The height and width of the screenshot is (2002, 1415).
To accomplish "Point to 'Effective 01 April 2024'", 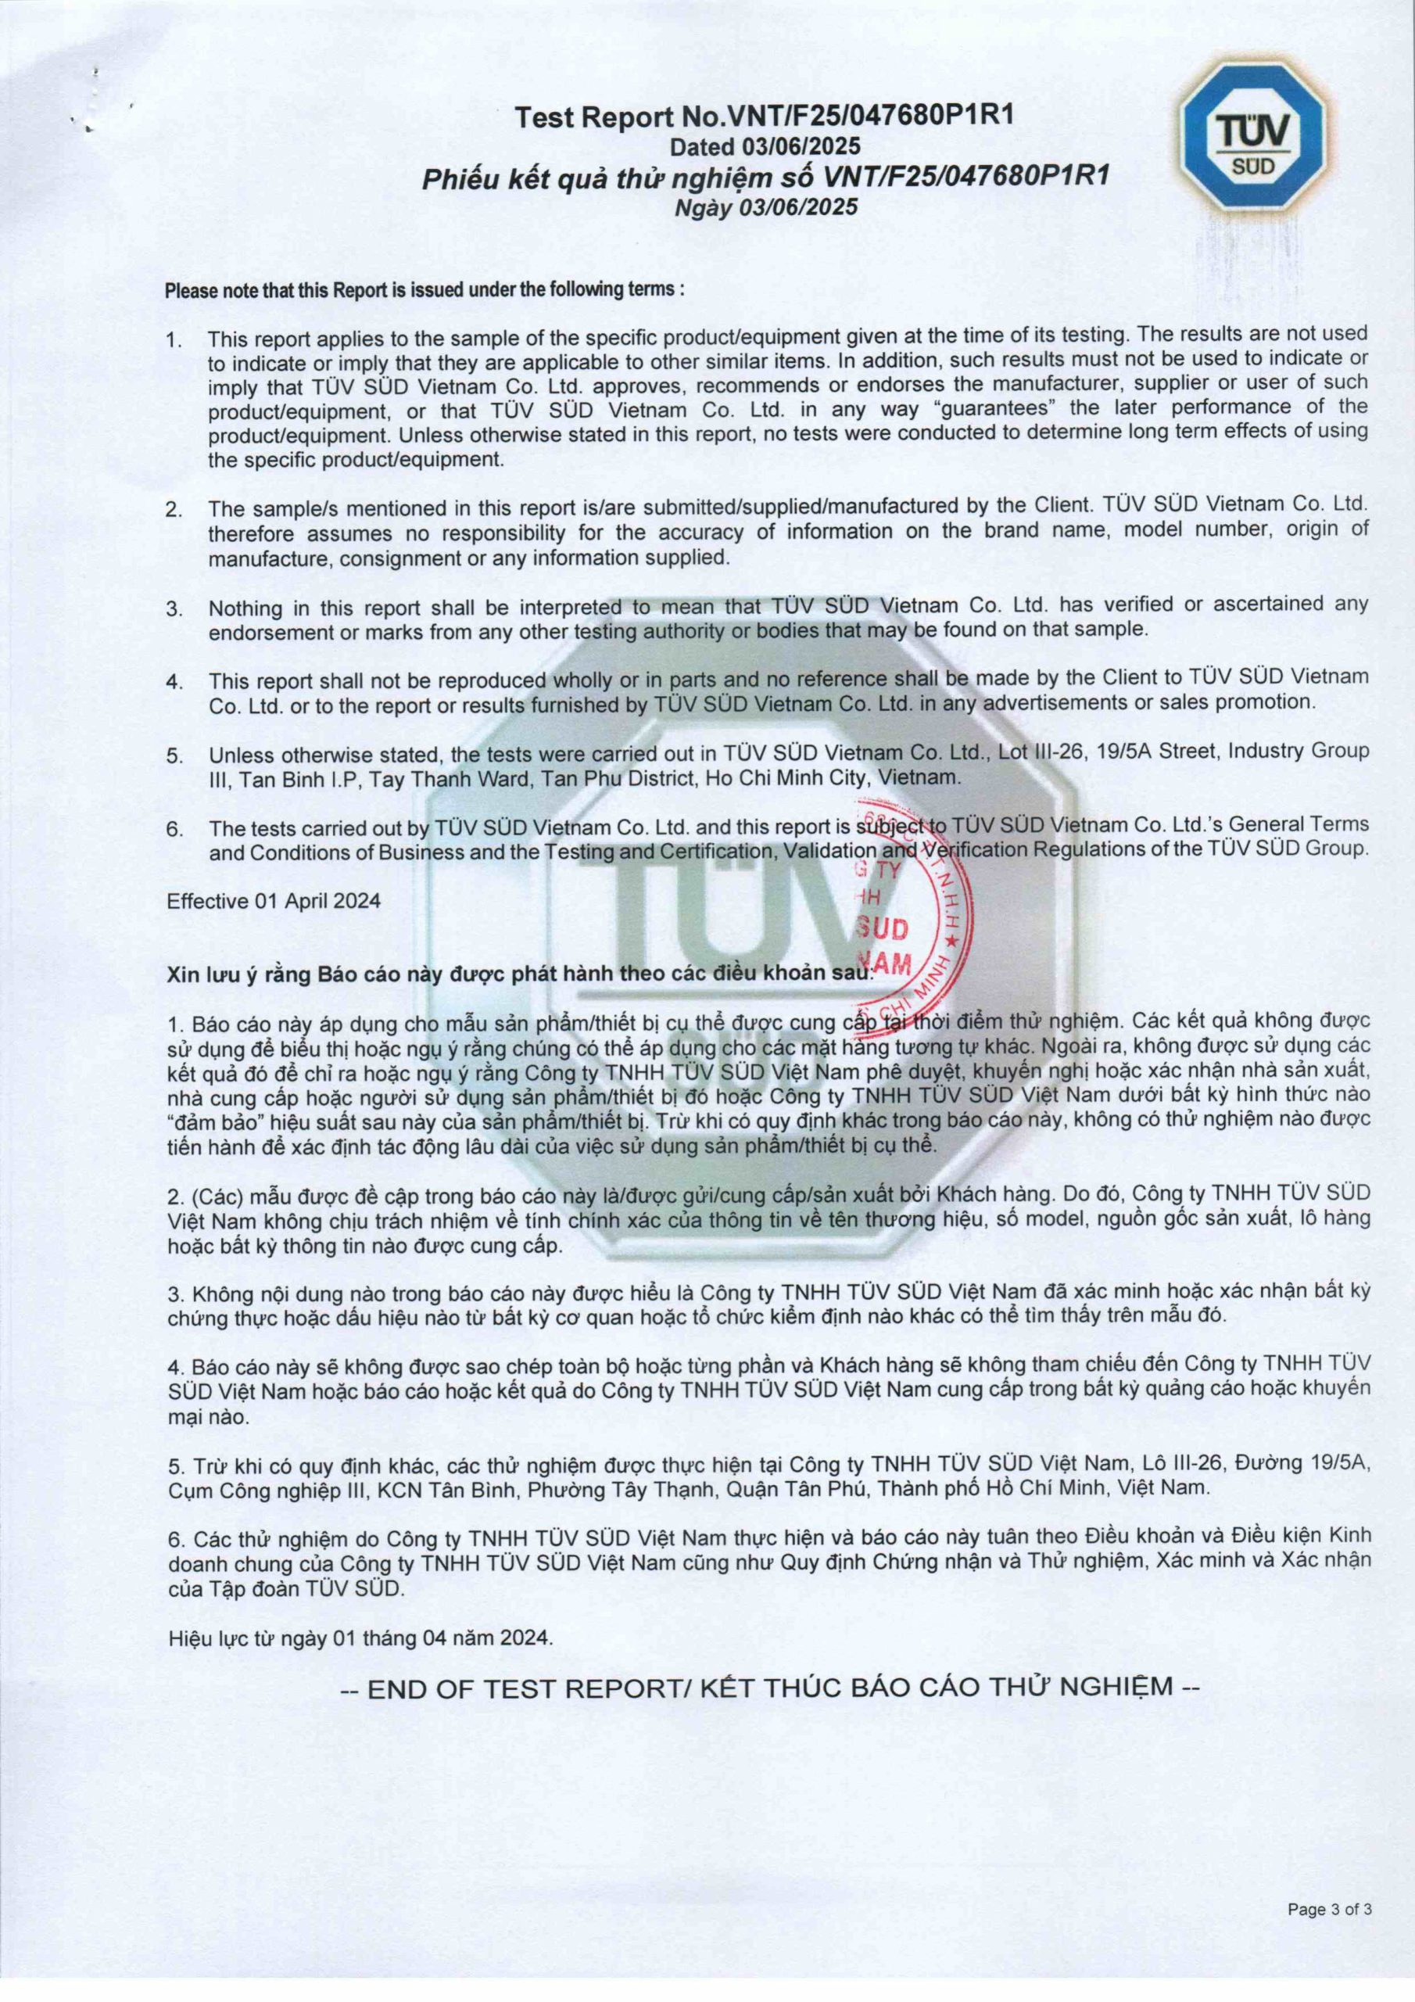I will click(x=274, y=901).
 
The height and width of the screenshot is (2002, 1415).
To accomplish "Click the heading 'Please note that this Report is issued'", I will click(x=424, y=289).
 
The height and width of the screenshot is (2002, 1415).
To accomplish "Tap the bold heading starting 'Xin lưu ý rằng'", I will click(x=519, y=973).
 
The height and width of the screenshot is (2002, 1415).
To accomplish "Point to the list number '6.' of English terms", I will click(x=174, y=827).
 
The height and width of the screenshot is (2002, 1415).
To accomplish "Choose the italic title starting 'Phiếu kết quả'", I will click(x=765, y=177).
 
